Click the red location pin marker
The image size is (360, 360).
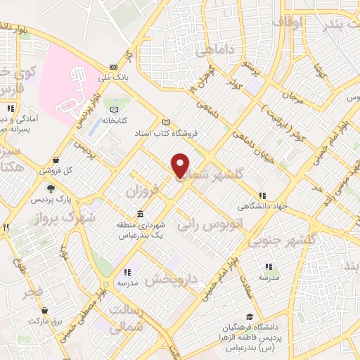pos(181,166)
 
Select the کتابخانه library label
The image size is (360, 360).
pos(112,120)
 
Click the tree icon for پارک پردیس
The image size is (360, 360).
pos(50,188)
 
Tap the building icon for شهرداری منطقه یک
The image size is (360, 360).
pos(141,213)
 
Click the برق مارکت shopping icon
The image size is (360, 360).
pos(45,309)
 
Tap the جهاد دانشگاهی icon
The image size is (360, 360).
pos(262,195)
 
